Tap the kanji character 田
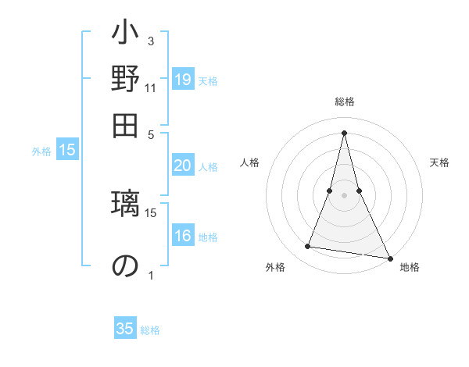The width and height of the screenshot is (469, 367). click(125, 124)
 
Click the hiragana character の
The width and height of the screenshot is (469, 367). click(125, 266)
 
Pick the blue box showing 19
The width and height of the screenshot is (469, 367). click(183, 80)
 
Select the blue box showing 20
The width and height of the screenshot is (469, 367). click(183, 166)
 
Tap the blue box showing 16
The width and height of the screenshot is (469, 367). click(183, 237)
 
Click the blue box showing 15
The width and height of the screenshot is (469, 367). click(67, 151)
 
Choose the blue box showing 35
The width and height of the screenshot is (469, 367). click(125, 329)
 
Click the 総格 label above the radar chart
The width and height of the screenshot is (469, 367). click(344, 102)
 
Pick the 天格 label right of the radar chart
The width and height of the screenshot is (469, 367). click(440, 162)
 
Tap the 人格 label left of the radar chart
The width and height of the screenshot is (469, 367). click(250, 162)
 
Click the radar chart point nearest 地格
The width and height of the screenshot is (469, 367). click(390, 258)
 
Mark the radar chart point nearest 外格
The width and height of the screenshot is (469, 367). click(308, 247)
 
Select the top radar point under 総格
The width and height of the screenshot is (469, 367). click(344, 133)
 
